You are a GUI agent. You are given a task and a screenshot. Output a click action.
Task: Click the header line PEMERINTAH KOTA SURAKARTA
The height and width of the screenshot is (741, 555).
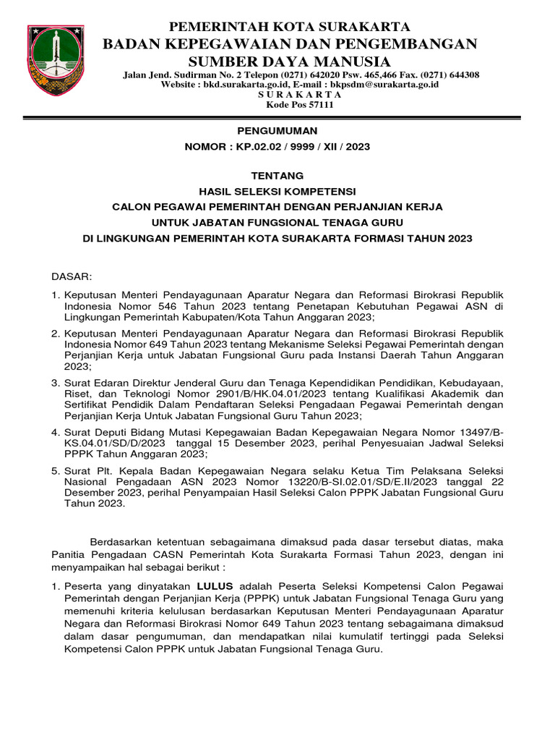[289, 27]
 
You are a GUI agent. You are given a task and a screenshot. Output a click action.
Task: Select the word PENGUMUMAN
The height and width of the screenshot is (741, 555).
[277, 131]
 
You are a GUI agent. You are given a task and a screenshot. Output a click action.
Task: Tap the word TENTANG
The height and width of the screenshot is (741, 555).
[277, 176]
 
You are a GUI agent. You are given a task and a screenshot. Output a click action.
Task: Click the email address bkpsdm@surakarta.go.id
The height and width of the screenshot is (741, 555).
[383, 85]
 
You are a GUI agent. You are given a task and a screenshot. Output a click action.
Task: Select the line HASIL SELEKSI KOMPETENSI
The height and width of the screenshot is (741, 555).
[277, 191]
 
